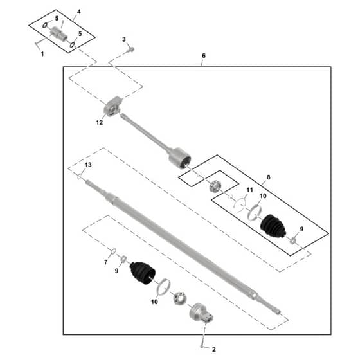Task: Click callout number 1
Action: pyautogui.click(x=42, y=54)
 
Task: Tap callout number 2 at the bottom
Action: pyautogui.click(x=213, y=350)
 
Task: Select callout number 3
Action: pyautogui.click(x=124, y=39)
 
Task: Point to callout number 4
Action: pyautogui.click(x=78, y=12)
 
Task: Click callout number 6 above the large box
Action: pyautogui.click(x=204, y=56)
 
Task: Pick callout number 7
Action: pyautogui.click(x=105, y=262)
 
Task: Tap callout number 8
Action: pyautogui.click(x=269, y=177)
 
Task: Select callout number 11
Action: pyautogui.click(x=250, y=190)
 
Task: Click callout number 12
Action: pyautogui.click(x=100, y=123)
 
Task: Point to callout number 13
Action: pyautogui.click(x=88, y=165)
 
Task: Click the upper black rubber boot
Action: pyautogui.click(x=273, y=225)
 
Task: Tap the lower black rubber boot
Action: pyautogui.click(x=143, y=273)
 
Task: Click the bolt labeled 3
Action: pyautogui.click(x=132, y=50)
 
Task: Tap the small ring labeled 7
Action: pyautogui.click(x=113, y=251)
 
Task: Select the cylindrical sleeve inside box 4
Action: pyautogui.click(x=59, y=33)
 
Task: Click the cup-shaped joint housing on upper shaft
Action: pyautogui.click(x=180, y=158)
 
